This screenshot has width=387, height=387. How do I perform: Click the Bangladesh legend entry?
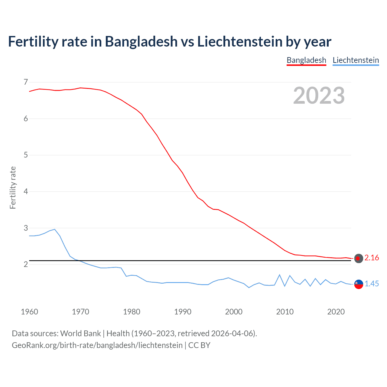tap(306, 60)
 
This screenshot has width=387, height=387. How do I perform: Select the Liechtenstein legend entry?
tap(356, 60)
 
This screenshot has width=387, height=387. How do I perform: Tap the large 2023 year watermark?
tap(319, 96)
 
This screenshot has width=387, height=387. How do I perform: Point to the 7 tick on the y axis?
tap(26, 82)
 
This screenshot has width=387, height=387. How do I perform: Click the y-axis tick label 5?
tap(26, 155)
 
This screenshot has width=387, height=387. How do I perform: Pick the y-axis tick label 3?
tap(26, 228)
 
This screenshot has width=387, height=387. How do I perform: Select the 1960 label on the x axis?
tap(29, 312)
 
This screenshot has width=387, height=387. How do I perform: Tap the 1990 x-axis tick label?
tap(183, 312)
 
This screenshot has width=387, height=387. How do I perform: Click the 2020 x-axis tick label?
tap(336, 312)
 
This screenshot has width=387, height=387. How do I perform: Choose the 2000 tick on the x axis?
tap(234, 312)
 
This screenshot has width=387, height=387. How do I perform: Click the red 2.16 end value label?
tap(372, 258)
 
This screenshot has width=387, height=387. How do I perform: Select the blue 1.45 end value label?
tap(372, 284)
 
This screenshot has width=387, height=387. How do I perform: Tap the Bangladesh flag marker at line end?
tap(359, 259)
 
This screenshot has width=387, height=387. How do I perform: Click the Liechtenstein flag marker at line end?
tap(359, 284)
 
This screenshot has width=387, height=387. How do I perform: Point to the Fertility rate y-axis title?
tap(13, 187)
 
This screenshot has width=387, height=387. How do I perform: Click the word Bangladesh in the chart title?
tap(141, 41)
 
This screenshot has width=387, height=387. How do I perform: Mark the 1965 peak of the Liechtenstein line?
tap(55, 229)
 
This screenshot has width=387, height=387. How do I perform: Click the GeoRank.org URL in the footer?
tap(97, 345)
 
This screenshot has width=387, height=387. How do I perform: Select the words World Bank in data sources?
tap(80, 333)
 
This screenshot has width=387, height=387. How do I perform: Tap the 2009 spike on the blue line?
tap(280, 275)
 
